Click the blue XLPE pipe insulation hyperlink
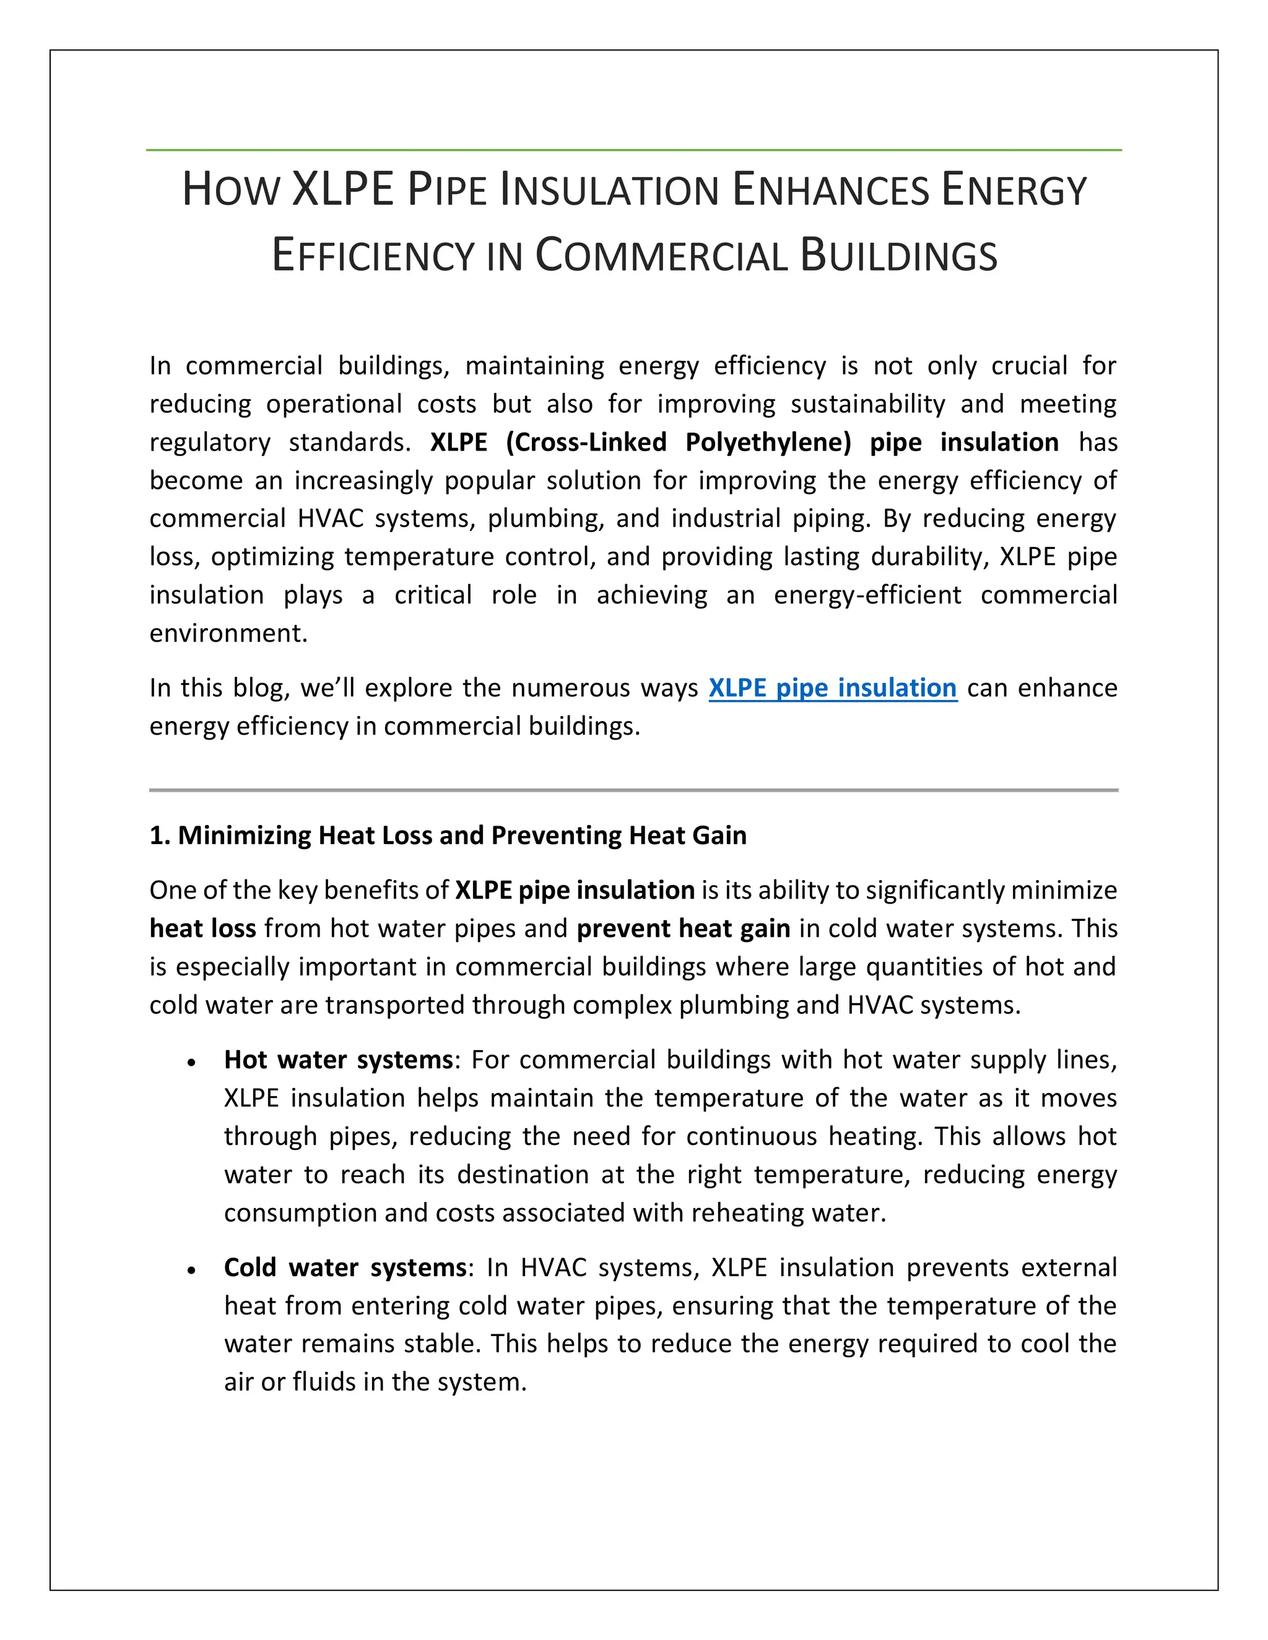pos(832,688)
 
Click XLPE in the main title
pos(342,189)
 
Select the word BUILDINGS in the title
pos(898,256)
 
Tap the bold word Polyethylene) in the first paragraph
pos(768,442)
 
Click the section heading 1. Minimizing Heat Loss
pos(448,835)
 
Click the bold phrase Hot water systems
pos(338,1060)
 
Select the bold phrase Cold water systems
pos(345,1267)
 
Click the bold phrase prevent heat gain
pos(683,929)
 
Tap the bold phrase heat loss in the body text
pos(203,929)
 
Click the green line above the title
pos(634,150)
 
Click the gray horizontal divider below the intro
pos(634,790)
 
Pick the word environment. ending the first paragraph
pos(228,633)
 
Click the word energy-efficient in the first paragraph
pos(867,595)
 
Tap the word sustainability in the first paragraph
pos(867,404)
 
